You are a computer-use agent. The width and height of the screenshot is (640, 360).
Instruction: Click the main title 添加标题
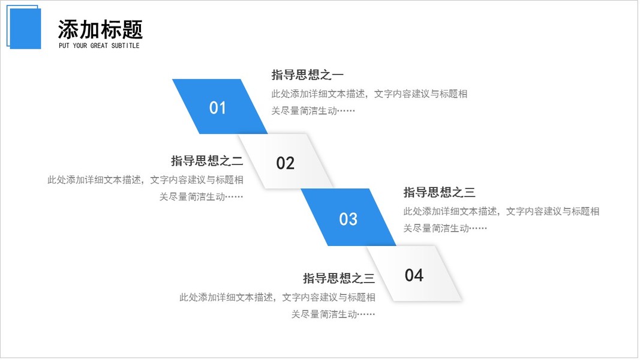point(100,29)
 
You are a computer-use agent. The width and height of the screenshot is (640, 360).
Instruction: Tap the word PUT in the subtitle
point(64,46)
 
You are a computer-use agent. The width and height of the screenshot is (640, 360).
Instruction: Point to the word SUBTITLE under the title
point(125,46)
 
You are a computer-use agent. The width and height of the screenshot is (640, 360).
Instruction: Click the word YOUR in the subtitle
point(80,46)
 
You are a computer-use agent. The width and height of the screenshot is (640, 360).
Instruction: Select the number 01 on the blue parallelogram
point(218,108)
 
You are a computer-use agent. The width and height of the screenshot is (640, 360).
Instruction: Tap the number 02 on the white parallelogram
point(286,163)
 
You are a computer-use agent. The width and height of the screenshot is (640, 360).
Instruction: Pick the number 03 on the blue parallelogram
point(348,219)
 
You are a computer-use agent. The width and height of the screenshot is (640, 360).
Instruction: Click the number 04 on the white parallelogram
point(414,275)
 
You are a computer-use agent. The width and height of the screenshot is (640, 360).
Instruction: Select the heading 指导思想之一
point(307,75)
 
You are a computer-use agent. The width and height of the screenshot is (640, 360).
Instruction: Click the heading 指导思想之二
point(207,161)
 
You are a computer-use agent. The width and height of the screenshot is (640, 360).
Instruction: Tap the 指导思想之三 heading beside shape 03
point(439,193)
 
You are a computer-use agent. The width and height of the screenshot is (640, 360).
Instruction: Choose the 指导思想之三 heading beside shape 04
point(339,278)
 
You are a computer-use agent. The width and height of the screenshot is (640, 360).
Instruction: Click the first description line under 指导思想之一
point(369,94)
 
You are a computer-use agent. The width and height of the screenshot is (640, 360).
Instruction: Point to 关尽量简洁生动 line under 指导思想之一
point(313,111)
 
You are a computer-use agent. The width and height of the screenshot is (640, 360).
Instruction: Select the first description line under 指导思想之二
point(146,180)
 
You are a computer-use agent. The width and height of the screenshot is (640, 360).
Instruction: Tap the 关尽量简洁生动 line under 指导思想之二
point(201,197)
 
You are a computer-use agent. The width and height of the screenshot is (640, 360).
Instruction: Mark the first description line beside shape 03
point(501,211)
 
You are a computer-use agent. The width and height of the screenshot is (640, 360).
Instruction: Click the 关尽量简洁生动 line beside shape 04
point(333,314)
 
